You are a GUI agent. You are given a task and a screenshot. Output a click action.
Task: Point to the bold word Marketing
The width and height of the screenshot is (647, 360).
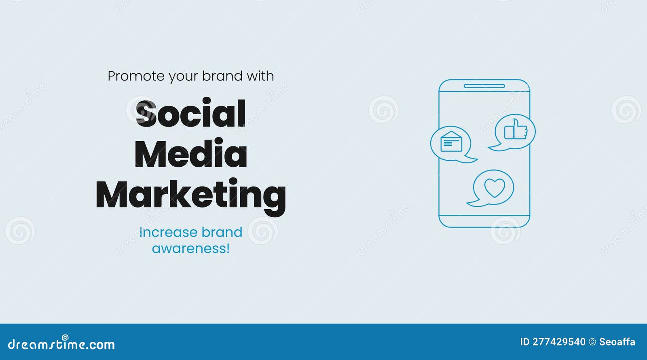click(190, 195)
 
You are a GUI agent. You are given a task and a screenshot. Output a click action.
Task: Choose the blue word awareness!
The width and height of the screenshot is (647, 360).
click(191, 248)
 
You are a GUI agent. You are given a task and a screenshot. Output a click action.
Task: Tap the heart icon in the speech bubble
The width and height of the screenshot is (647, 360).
click(495, 188)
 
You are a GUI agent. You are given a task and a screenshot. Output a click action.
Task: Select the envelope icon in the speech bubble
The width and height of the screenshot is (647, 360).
click(451, 142)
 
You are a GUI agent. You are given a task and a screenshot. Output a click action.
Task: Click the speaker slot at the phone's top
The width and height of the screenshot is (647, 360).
click(484, 86)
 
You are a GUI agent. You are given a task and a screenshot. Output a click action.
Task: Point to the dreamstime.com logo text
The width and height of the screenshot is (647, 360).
click(61, 344)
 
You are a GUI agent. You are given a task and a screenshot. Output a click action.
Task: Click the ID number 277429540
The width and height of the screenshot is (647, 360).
click(558, 342)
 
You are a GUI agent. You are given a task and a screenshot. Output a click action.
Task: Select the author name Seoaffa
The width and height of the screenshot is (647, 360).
click(617, 342)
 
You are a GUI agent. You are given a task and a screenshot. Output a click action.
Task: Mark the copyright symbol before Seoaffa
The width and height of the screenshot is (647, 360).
click(592, 342)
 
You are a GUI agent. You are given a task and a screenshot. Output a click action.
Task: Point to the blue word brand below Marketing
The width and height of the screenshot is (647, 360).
click(222, 232)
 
